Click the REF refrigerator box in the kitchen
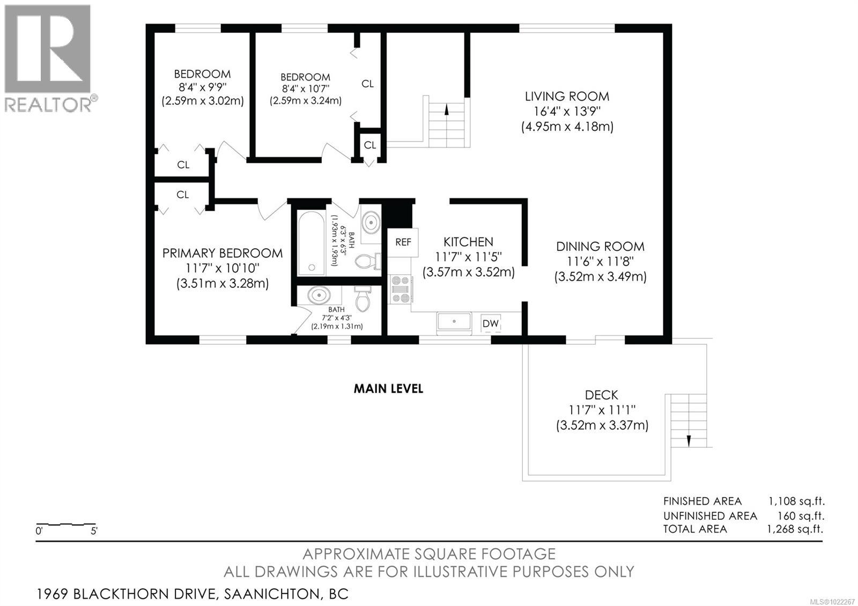click(x=403, y=242)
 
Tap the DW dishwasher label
click(x=490, y=323)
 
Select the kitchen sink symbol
click(x=454, y=322)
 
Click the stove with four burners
click(x=400, y=290)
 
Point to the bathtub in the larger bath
click(x=310, y=242)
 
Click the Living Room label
click(x=567, y=97)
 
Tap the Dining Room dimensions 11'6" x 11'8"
click(x=600, y=262)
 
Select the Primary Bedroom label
click(x=222, y=253)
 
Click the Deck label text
click(x=601, y=395)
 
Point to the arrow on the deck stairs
click(x=688, y=439)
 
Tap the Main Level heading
click(x=388, y=389)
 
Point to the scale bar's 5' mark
click(x=94, y=532)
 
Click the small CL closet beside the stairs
click(x=369, y=145)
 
